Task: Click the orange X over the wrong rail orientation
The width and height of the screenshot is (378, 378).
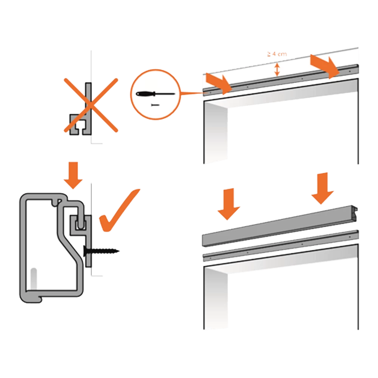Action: click(x=91, y=105)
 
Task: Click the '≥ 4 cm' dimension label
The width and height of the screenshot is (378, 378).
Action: click(x=277, y=54)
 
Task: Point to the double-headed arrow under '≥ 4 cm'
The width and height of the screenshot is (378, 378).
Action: click(x=277, y=69)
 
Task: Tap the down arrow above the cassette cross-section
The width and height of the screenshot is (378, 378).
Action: click(x=73, y=175)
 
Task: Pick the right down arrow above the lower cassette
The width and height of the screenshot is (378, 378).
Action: click(x=322, y=187)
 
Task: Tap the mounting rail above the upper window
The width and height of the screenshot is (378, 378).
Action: click(x=280, y=79)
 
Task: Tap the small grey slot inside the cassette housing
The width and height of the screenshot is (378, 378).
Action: click(x=34, y=278)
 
